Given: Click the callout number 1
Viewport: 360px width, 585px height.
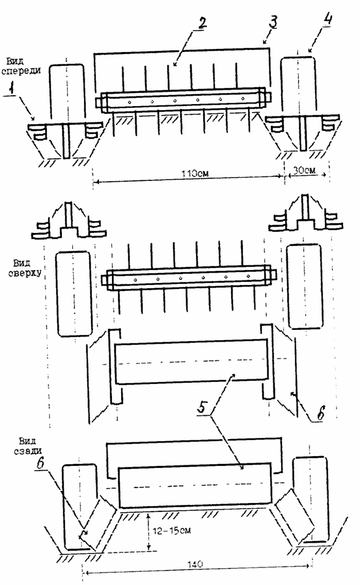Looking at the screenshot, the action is tap(12, 88).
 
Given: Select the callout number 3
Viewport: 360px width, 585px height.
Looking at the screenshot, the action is tap(273, 21).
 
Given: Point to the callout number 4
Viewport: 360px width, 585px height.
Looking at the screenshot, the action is tap(327, 20).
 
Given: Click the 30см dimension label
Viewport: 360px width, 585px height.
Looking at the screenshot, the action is tap(304, 170).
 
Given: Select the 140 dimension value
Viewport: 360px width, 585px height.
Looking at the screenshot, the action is tap(195, 564).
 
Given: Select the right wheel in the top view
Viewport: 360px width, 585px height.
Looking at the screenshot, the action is tap(305, 286).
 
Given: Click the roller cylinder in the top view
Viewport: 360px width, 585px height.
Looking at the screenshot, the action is tap(191, 362).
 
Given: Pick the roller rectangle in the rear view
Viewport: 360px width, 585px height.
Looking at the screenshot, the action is tap(195, 485).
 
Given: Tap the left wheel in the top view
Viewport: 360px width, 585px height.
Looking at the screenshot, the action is tap(74, 294).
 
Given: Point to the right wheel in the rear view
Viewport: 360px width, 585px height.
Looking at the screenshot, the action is tap(311, 500).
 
